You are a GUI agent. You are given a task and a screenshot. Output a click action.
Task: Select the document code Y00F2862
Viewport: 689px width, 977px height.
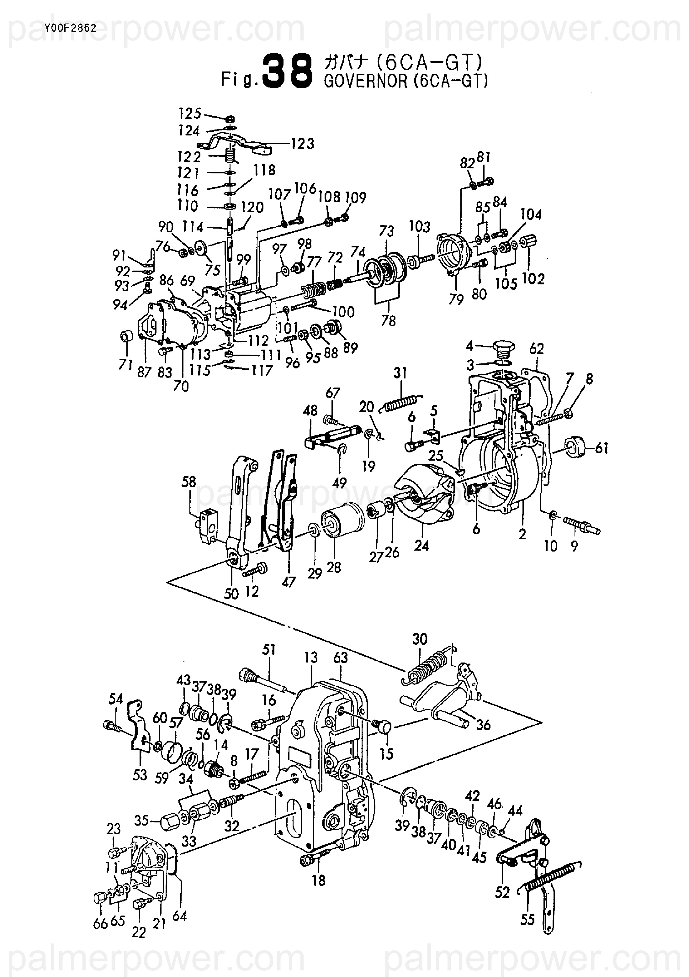[70, 29]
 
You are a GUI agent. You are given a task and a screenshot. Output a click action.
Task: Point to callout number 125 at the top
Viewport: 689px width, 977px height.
[190, 114]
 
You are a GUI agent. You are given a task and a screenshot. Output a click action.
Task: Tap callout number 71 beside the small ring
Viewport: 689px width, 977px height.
[125, 364]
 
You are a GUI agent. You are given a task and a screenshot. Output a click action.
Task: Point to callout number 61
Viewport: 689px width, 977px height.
[602, 448]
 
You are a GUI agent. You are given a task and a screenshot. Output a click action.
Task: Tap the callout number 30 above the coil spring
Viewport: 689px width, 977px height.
[420, 640]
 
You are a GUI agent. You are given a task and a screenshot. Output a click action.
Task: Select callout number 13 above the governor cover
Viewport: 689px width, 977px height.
[311, 657]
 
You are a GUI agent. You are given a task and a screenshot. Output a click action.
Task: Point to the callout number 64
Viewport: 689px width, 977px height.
[180, 916]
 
